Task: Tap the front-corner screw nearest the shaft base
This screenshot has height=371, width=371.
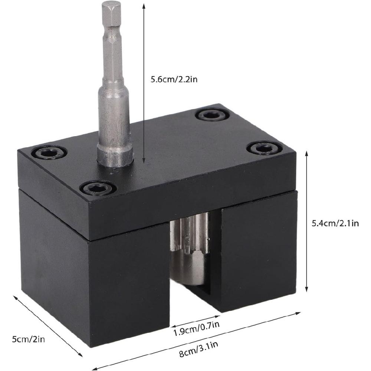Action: pyautogui.click(x=96, y=188)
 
